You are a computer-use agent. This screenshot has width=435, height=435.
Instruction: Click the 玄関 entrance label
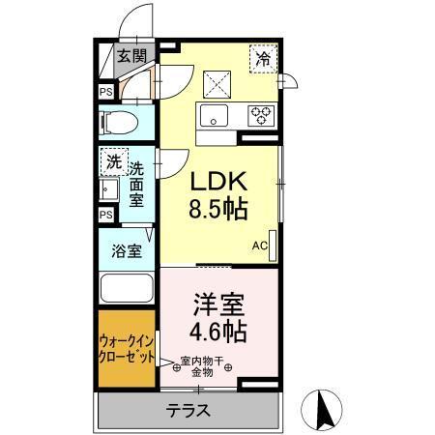(x=131, y=55)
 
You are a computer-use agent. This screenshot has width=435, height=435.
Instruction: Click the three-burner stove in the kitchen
(x=260, y=115)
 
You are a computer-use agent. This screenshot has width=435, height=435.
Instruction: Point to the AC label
(x=259, y=246)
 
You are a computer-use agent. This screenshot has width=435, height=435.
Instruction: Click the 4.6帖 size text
(x=218, y=333)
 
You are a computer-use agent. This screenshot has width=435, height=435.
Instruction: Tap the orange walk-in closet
(x=127, y=349)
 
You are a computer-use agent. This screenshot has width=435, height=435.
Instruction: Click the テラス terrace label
(x=189, y=409)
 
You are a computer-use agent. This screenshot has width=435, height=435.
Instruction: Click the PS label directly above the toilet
(x=104, y=92)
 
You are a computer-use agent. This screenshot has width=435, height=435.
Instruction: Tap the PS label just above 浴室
(x=104, y=215)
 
